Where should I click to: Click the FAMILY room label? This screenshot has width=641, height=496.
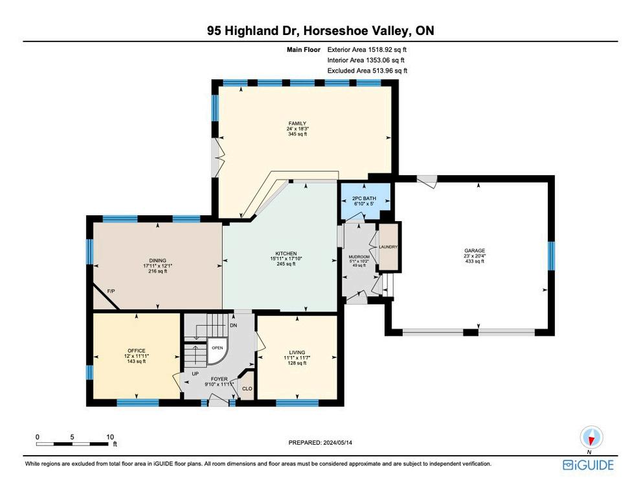click(297, 123)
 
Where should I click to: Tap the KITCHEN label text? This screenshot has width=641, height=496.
click(286, 254)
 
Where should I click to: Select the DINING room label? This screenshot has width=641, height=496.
click(157, 260)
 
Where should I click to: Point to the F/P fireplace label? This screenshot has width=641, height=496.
click(111, 291)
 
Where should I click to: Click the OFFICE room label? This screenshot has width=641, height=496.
click(136, 351)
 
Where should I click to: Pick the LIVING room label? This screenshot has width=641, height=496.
click(297, 352)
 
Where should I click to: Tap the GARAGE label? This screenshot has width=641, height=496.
click(474, 250)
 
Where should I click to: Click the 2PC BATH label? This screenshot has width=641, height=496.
click(364, 198)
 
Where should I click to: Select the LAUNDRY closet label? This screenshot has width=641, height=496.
click(388, 247)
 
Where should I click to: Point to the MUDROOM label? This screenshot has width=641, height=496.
click(359, 257)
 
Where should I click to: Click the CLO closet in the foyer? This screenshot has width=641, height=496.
click(247, 388)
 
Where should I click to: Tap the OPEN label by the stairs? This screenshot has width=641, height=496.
click(217, 348)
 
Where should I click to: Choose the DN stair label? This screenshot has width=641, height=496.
click(234, 325)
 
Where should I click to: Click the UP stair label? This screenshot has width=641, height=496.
click(196, 373)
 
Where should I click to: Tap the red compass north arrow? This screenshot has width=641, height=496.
click(590, 440)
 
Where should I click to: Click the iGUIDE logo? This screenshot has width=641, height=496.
click(588, 465)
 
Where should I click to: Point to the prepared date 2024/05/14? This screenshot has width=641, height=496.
click(337, 442)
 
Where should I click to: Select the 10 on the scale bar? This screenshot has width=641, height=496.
click(110, 436)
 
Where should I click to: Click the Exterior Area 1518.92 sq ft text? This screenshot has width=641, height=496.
click(366, 50)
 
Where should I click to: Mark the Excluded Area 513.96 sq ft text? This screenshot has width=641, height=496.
click(367, 71)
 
